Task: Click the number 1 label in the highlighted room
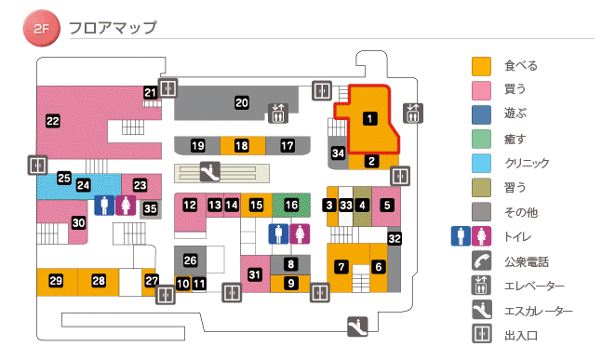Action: (x=369, y=118)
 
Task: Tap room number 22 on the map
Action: (x=53, y=120)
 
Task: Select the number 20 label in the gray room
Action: (x=242, y=102)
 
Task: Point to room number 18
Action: (x=242, y=146)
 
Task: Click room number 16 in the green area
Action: (x=292, y=204)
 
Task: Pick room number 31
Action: (x=255, y=273)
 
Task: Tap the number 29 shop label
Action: (x=56, y=281)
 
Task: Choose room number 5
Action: (x=387, y=205)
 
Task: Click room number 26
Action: (x=190, y=260)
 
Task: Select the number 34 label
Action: (x=339, y=153)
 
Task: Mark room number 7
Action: (x=342, y=267)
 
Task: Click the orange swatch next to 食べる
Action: (x=481, y=66)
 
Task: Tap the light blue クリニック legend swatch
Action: (x=481, y=163)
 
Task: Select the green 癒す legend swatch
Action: (x=481, y=139)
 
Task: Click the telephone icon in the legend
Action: (x=481, y=261)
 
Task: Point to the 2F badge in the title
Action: (x=41, y=28)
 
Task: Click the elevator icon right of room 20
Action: (x=278, y=112)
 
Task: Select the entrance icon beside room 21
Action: (x=168, y=88)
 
